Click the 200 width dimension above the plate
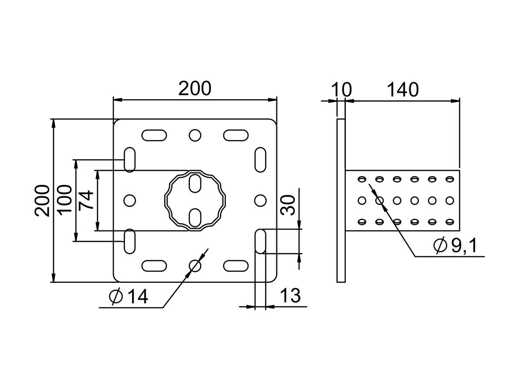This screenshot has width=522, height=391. pos(194,89)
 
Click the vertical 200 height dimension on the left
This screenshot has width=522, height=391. pos(43,200)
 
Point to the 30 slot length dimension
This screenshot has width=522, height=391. pos(288,205)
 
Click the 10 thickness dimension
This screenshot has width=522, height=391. pos(341,90)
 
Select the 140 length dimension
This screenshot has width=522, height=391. pos(402,90)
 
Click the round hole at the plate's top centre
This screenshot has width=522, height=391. pos(195,135)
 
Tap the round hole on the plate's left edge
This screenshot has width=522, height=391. pos(130,200)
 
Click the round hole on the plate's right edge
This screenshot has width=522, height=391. pos(260,200)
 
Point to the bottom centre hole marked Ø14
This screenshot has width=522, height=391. pos(195,265)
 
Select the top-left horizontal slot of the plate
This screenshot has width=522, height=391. pos(154,135)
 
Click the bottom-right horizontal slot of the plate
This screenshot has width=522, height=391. pos(236,265)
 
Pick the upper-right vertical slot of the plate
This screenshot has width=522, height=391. pos(260,159)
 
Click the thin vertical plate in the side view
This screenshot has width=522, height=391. pos(341,200)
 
